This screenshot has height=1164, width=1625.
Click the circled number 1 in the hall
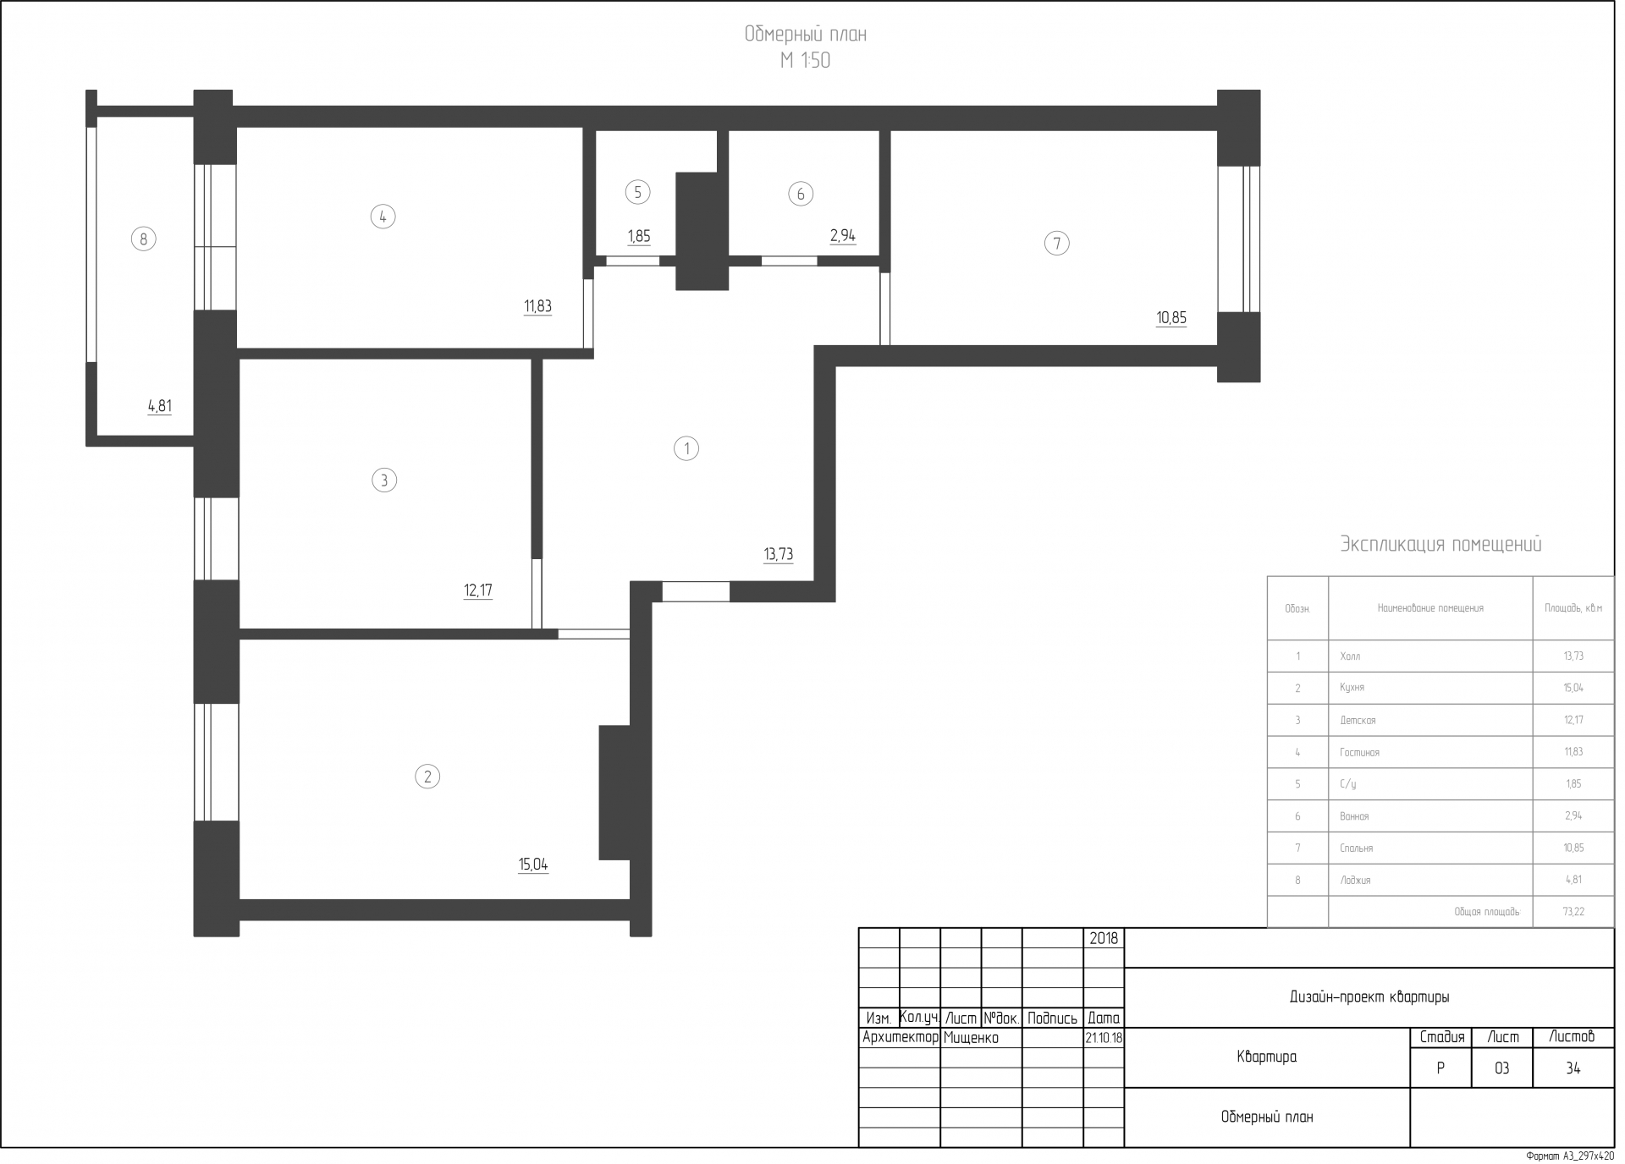[686, 448]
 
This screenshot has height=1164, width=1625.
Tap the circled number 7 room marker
[1056, 244]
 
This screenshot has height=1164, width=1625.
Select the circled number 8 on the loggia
[143, 239]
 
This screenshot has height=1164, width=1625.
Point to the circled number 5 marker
[637, 193]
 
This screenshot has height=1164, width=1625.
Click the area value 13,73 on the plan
[779, 555]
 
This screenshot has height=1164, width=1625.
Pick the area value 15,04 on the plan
[533, 865]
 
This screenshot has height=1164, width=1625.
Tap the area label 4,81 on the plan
[160, 406]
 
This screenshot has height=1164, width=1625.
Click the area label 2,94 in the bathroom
[843, 236]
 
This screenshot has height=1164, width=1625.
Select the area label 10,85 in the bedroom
[1171, 318]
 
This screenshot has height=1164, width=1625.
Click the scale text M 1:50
[805, 61]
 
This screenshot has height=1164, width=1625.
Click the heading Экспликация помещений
[1440, 544]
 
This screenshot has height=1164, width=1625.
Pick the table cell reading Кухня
[1352, 688]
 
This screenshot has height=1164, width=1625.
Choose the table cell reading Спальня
[1357, 848]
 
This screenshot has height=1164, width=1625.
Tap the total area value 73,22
[1573, 912]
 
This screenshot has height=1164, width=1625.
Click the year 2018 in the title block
[1104, 938]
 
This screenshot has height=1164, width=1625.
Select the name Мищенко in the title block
[971, 1038]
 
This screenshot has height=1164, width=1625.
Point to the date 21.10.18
[1104, 1038]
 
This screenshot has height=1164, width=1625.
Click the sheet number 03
[1501, 1068]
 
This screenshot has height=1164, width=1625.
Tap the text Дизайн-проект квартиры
[1369, 997]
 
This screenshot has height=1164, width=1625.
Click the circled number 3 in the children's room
[384, 480]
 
